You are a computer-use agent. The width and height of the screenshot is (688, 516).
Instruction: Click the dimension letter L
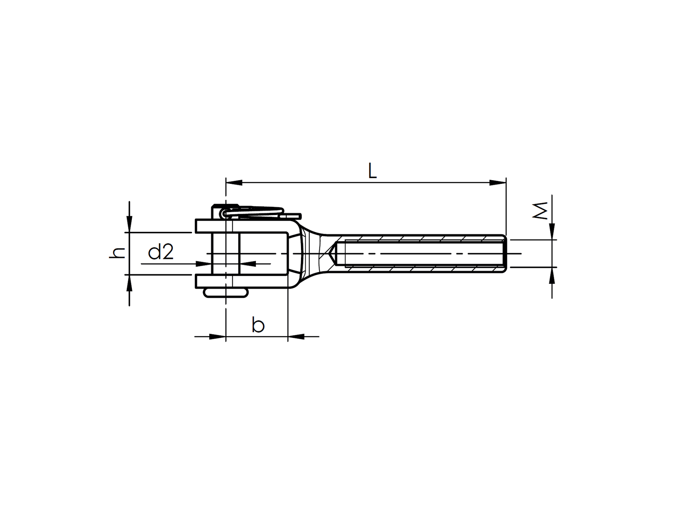point(372,171)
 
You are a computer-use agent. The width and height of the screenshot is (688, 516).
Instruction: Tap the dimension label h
point(118,253)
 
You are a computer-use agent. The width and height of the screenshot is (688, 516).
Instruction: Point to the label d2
point(161,252)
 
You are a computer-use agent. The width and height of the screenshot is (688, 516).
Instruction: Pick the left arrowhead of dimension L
point(234,183)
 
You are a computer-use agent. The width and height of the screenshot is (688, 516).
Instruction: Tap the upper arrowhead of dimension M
point(552,231)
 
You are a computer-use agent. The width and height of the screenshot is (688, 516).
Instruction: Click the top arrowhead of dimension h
point(129,224)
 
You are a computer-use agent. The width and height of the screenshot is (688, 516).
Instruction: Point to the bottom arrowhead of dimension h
point(129,283)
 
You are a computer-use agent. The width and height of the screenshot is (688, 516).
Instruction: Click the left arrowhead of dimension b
point(217,337)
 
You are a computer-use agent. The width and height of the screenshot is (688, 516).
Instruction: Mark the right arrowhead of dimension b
point(296,337)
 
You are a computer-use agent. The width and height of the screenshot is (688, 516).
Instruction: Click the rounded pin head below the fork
point(226,292)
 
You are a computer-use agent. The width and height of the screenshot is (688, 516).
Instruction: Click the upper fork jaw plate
point(246,226)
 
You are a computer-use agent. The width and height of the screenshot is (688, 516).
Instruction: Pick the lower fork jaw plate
point(246,281)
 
